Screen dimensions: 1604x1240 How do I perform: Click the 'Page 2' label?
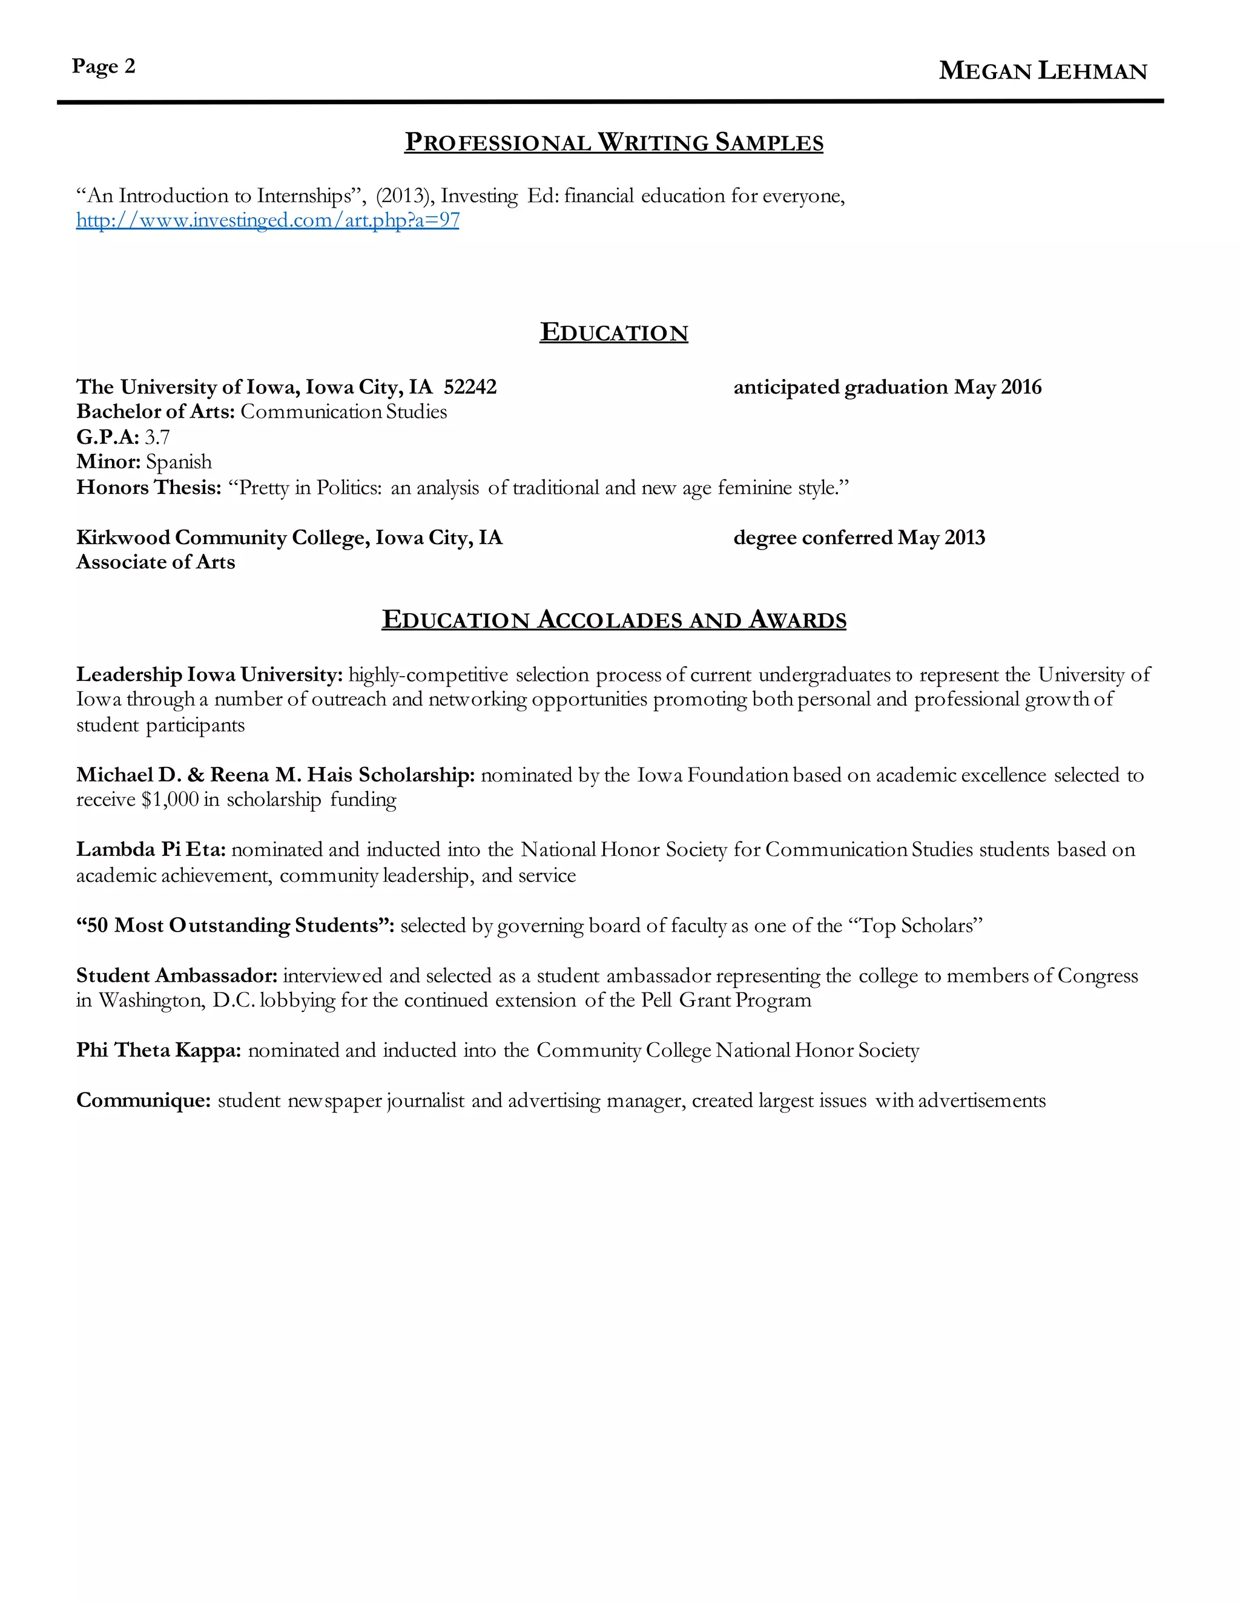[104, 67]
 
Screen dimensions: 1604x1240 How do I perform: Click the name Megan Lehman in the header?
[1043, 71]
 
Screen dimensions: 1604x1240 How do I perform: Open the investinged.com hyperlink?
[268, 220]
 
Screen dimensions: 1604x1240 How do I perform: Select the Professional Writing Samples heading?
[613, 142]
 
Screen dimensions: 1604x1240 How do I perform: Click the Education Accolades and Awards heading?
[613, 620]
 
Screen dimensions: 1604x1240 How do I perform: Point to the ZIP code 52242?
[470, 387]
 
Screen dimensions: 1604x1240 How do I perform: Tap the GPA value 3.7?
[157, 438]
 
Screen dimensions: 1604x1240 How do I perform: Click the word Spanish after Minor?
[179, 462]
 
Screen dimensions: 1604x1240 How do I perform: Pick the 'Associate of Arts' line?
[156, 562]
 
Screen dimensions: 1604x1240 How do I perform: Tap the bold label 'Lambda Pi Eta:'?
[151, 850]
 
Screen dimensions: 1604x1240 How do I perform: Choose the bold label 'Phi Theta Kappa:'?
[159, 1050]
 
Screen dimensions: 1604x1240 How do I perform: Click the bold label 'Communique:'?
[144, 1101]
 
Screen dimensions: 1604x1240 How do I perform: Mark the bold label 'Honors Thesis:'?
[148, 488]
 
